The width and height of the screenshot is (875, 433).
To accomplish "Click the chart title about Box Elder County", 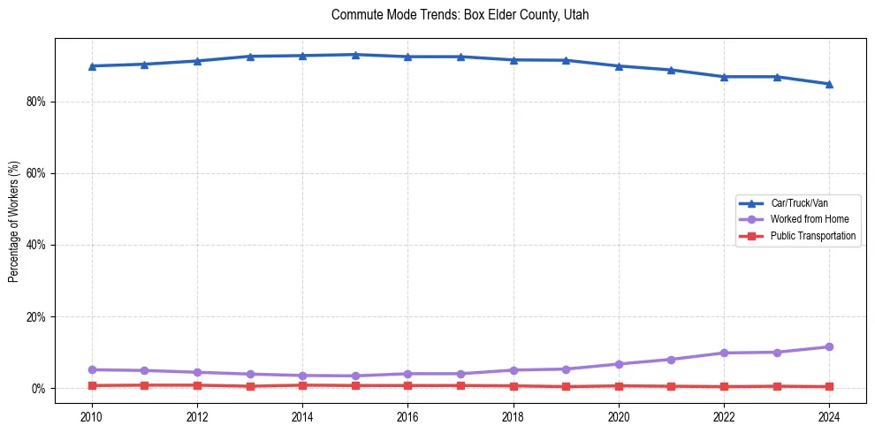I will (460, 15).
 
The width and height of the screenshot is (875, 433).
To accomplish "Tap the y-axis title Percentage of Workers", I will (14, 221).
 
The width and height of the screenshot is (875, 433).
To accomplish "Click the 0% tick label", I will (38, 389).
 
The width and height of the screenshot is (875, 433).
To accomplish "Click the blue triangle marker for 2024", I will (829, 84).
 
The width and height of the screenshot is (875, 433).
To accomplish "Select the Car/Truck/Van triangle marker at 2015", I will (355, 55).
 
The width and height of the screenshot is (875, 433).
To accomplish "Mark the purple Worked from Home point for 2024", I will (829, 347).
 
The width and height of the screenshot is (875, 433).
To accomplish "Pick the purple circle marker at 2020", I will (619, 364).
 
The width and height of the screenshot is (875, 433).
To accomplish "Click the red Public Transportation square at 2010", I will (92, 385).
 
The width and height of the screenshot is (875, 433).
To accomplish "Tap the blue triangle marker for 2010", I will (92, 66).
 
